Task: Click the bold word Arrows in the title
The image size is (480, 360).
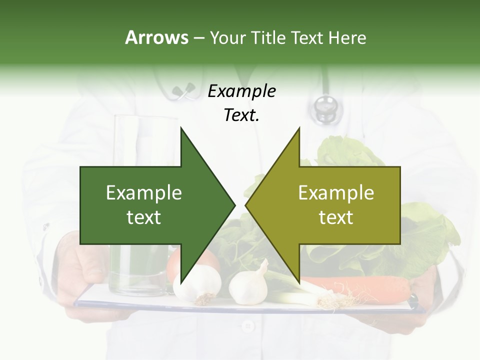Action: click(156, 37)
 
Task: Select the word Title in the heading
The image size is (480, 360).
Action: click(268, 37)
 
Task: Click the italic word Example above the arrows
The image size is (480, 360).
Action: click(241, 91)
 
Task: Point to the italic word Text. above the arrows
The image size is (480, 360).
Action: click(241, 115)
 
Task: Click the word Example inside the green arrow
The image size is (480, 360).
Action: click(144, 193)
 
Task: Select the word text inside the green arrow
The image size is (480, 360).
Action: click(144, 217)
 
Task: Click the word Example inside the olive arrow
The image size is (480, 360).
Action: click(336, 193)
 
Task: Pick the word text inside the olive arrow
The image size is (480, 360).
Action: click(336, 217)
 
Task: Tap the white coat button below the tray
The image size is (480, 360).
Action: click(246, 326)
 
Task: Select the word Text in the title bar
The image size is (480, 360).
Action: click(308, 37)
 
